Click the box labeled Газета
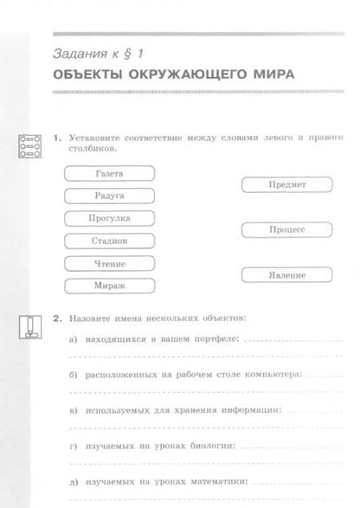(109, 173)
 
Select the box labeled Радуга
(109, 196)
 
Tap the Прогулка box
(109, 218)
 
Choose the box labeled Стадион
(109, 241)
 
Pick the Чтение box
(109, 263)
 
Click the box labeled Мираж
(109, 286)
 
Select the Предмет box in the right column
(286, 184)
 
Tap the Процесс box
(286, 230)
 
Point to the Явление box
(286, 275)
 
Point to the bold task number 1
(56, 137)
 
